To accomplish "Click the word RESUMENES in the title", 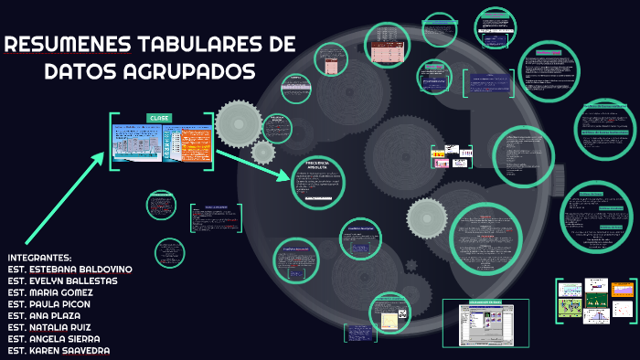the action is (x=69, y=45).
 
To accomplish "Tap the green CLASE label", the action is (x=160, y=118).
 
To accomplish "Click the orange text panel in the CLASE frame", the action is (x=195, y=143).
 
